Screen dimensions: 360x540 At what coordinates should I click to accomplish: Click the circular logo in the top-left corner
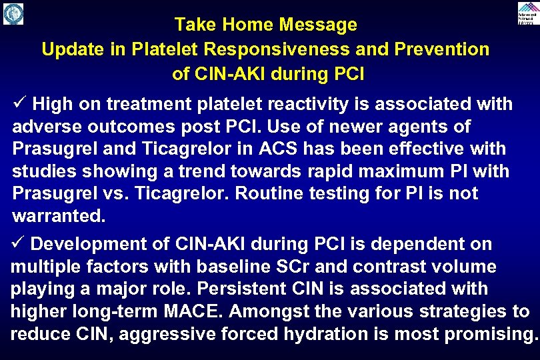13,13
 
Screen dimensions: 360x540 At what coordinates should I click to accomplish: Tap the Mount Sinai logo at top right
527,13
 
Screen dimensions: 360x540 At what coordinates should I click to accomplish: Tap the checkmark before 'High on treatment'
19,104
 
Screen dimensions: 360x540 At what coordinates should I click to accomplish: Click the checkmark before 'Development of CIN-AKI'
18,244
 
